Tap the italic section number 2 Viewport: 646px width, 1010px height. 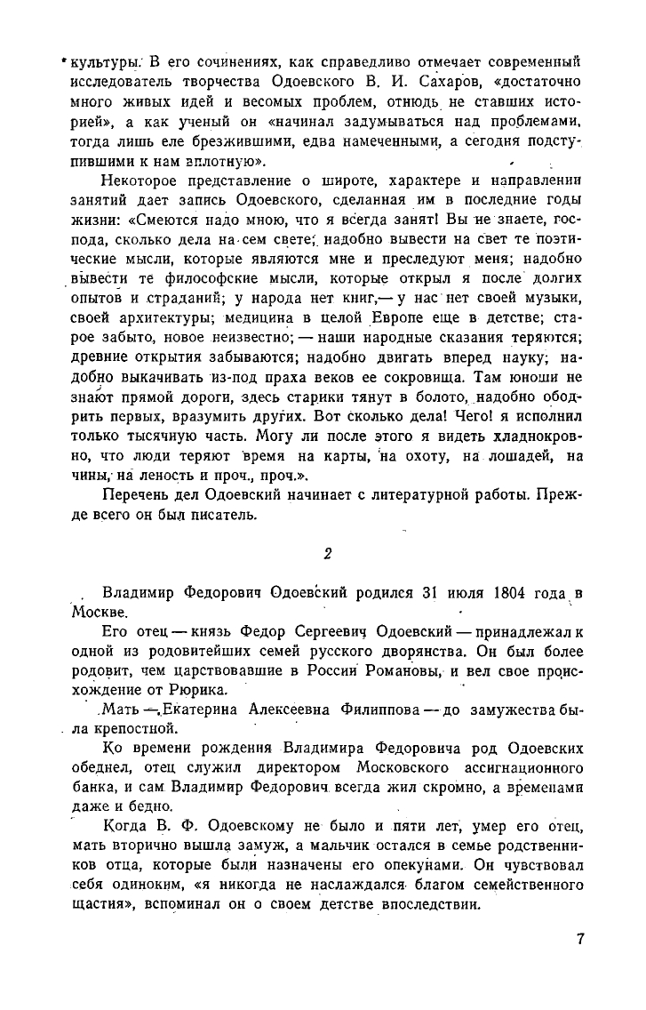327,553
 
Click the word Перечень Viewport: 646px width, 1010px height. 132,493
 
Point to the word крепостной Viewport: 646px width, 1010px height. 120,731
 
